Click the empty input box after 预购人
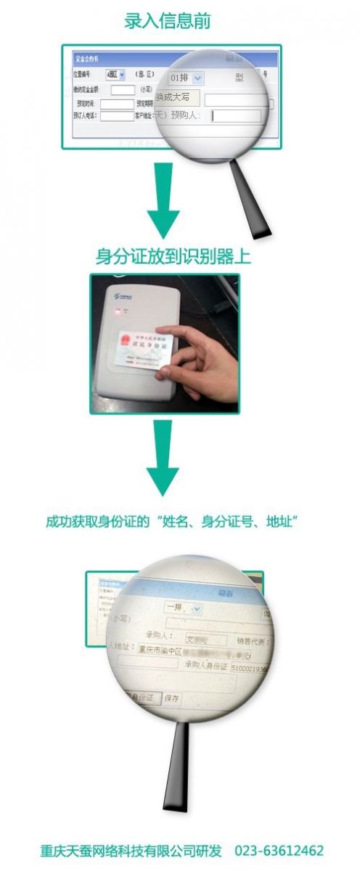[236, 116]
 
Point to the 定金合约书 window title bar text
[87, 57]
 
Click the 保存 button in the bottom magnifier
[172, 698]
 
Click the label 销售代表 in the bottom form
[253, 641]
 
